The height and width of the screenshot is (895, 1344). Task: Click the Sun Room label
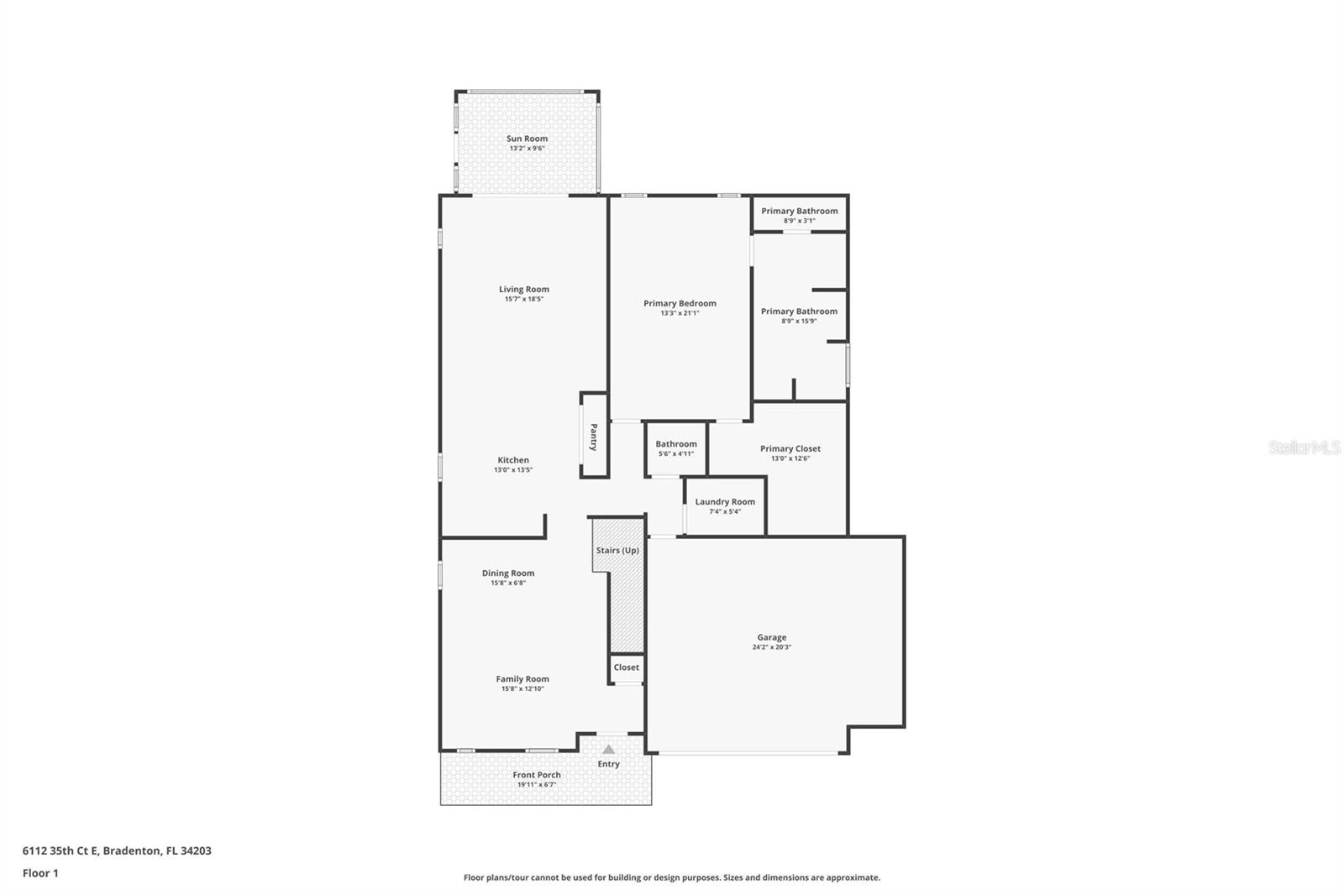click(x=527, y=139)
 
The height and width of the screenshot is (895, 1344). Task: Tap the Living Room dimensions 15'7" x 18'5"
click(x=523, y=299)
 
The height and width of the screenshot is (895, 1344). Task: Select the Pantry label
click(x=593, y=437)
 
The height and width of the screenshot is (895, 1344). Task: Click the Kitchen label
click(x=513, y=460)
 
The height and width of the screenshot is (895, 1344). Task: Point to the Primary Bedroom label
click(x=680, y=303)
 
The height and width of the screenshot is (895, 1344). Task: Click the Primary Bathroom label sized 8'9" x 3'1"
click(x=799, y=211)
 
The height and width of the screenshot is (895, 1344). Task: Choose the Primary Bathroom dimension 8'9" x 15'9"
click(x=799, y=321)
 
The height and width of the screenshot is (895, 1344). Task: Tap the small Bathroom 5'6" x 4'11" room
click(x=675, y=448)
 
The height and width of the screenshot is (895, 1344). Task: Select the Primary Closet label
click(x=790, y=448)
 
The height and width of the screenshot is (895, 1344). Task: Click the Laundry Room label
click(x=724, y=501)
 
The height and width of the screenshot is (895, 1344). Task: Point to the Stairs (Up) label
click(x=617, y=550)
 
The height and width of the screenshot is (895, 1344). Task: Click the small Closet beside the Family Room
click(x=626, y=667)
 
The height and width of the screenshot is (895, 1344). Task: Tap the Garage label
click(x=771, y=637)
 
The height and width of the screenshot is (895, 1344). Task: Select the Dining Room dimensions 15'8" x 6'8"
click(x=508, y=583)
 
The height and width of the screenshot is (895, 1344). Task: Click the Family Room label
click(x=522, y=678)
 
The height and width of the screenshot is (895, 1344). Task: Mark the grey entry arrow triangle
click(x=608, y=749)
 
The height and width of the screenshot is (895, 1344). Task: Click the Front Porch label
click(x=536, y=775)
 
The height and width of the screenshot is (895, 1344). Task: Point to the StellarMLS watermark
click(x=1304, y=447)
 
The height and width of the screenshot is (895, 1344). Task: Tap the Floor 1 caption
click(x=40, y=873)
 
